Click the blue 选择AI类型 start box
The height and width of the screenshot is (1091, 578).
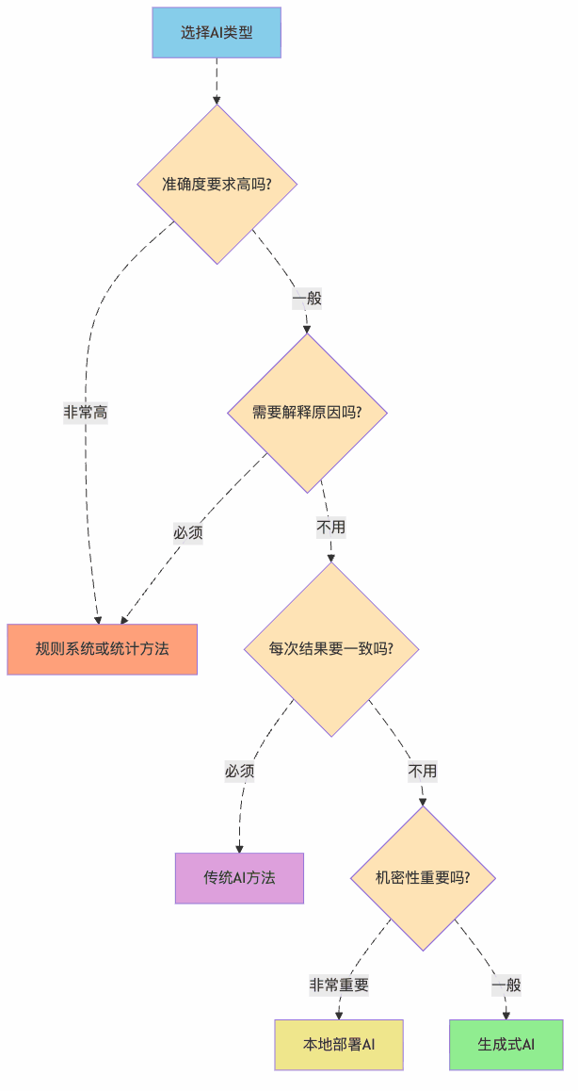coord(217,33)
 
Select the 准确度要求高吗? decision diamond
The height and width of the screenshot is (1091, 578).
coord(217,184)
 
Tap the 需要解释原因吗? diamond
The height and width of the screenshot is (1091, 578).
coord(307,413)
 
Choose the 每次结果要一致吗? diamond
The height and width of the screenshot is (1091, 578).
coord(331,649)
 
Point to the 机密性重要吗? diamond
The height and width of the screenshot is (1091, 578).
coord(423,877)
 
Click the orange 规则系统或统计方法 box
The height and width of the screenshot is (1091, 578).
coord(102,649)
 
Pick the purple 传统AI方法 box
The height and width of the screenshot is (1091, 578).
coord(239,878)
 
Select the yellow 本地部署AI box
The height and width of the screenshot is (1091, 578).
coord(339,1045)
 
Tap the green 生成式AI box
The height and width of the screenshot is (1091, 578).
coord(506,1045)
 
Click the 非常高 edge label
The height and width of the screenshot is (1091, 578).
coord(86,413)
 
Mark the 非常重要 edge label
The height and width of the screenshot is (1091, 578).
coord(339,985)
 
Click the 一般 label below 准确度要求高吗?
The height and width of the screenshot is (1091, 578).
coord(307,299)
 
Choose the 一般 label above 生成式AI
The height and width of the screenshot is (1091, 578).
coord(506,985)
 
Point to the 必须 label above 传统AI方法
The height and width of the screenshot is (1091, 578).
coord(239,771)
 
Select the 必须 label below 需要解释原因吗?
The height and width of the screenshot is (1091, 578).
coord(188,532)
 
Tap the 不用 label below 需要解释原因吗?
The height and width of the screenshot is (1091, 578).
coord(331,527)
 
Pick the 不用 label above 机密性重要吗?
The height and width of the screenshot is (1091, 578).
coord(423,771)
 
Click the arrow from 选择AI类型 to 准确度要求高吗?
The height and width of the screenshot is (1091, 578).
coord(217,80)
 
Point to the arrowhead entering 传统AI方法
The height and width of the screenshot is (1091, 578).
coord(239,848)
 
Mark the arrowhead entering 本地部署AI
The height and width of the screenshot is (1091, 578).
coord(339,1015)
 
